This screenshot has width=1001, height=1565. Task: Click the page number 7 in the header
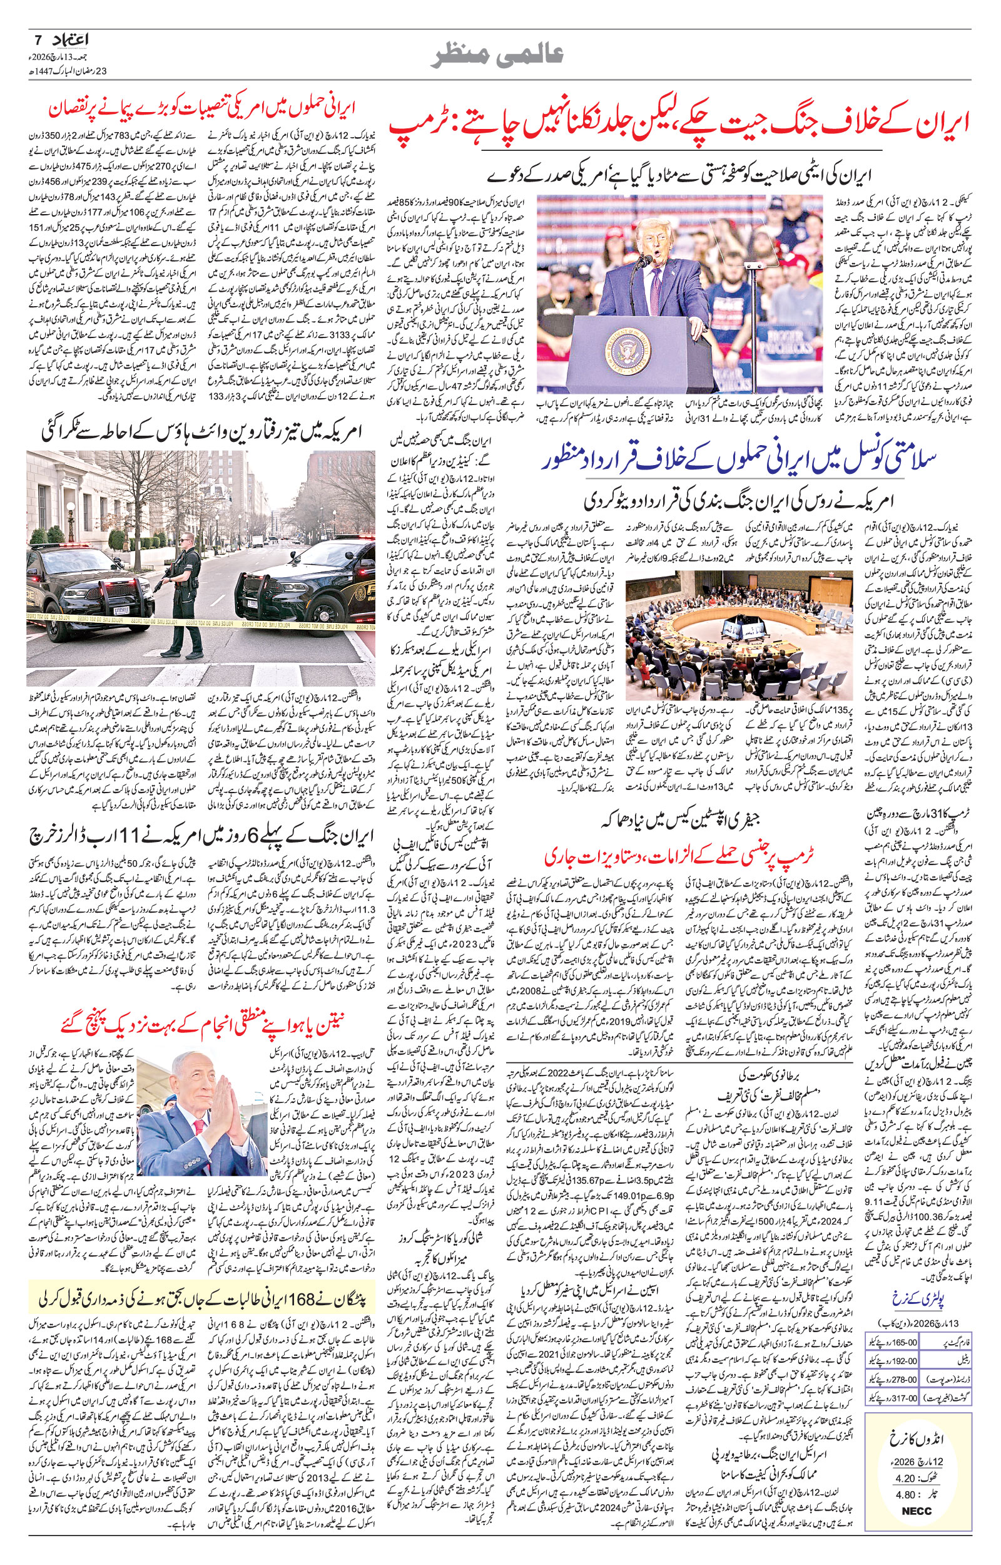point(38,40)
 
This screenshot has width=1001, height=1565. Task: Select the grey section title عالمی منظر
point(499,56)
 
